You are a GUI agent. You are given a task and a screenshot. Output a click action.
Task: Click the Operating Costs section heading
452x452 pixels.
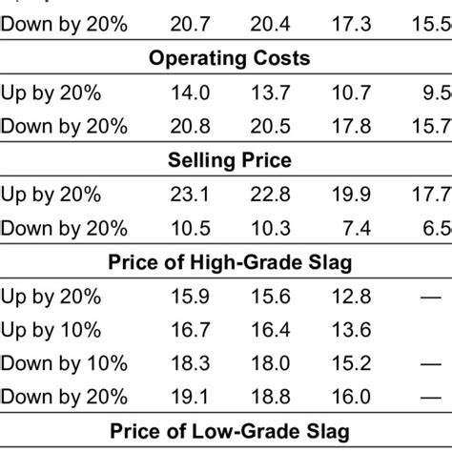tap(229, 58)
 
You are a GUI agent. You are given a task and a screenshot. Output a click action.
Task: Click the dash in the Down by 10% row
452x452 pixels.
tap(435, 363)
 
